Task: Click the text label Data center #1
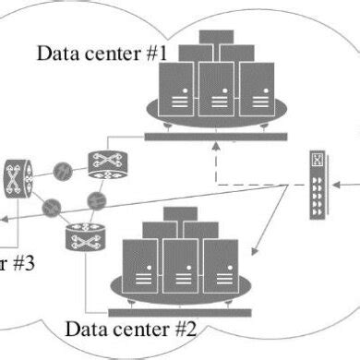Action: (102, 52)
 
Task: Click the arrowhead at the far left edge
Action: (4, 220)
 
